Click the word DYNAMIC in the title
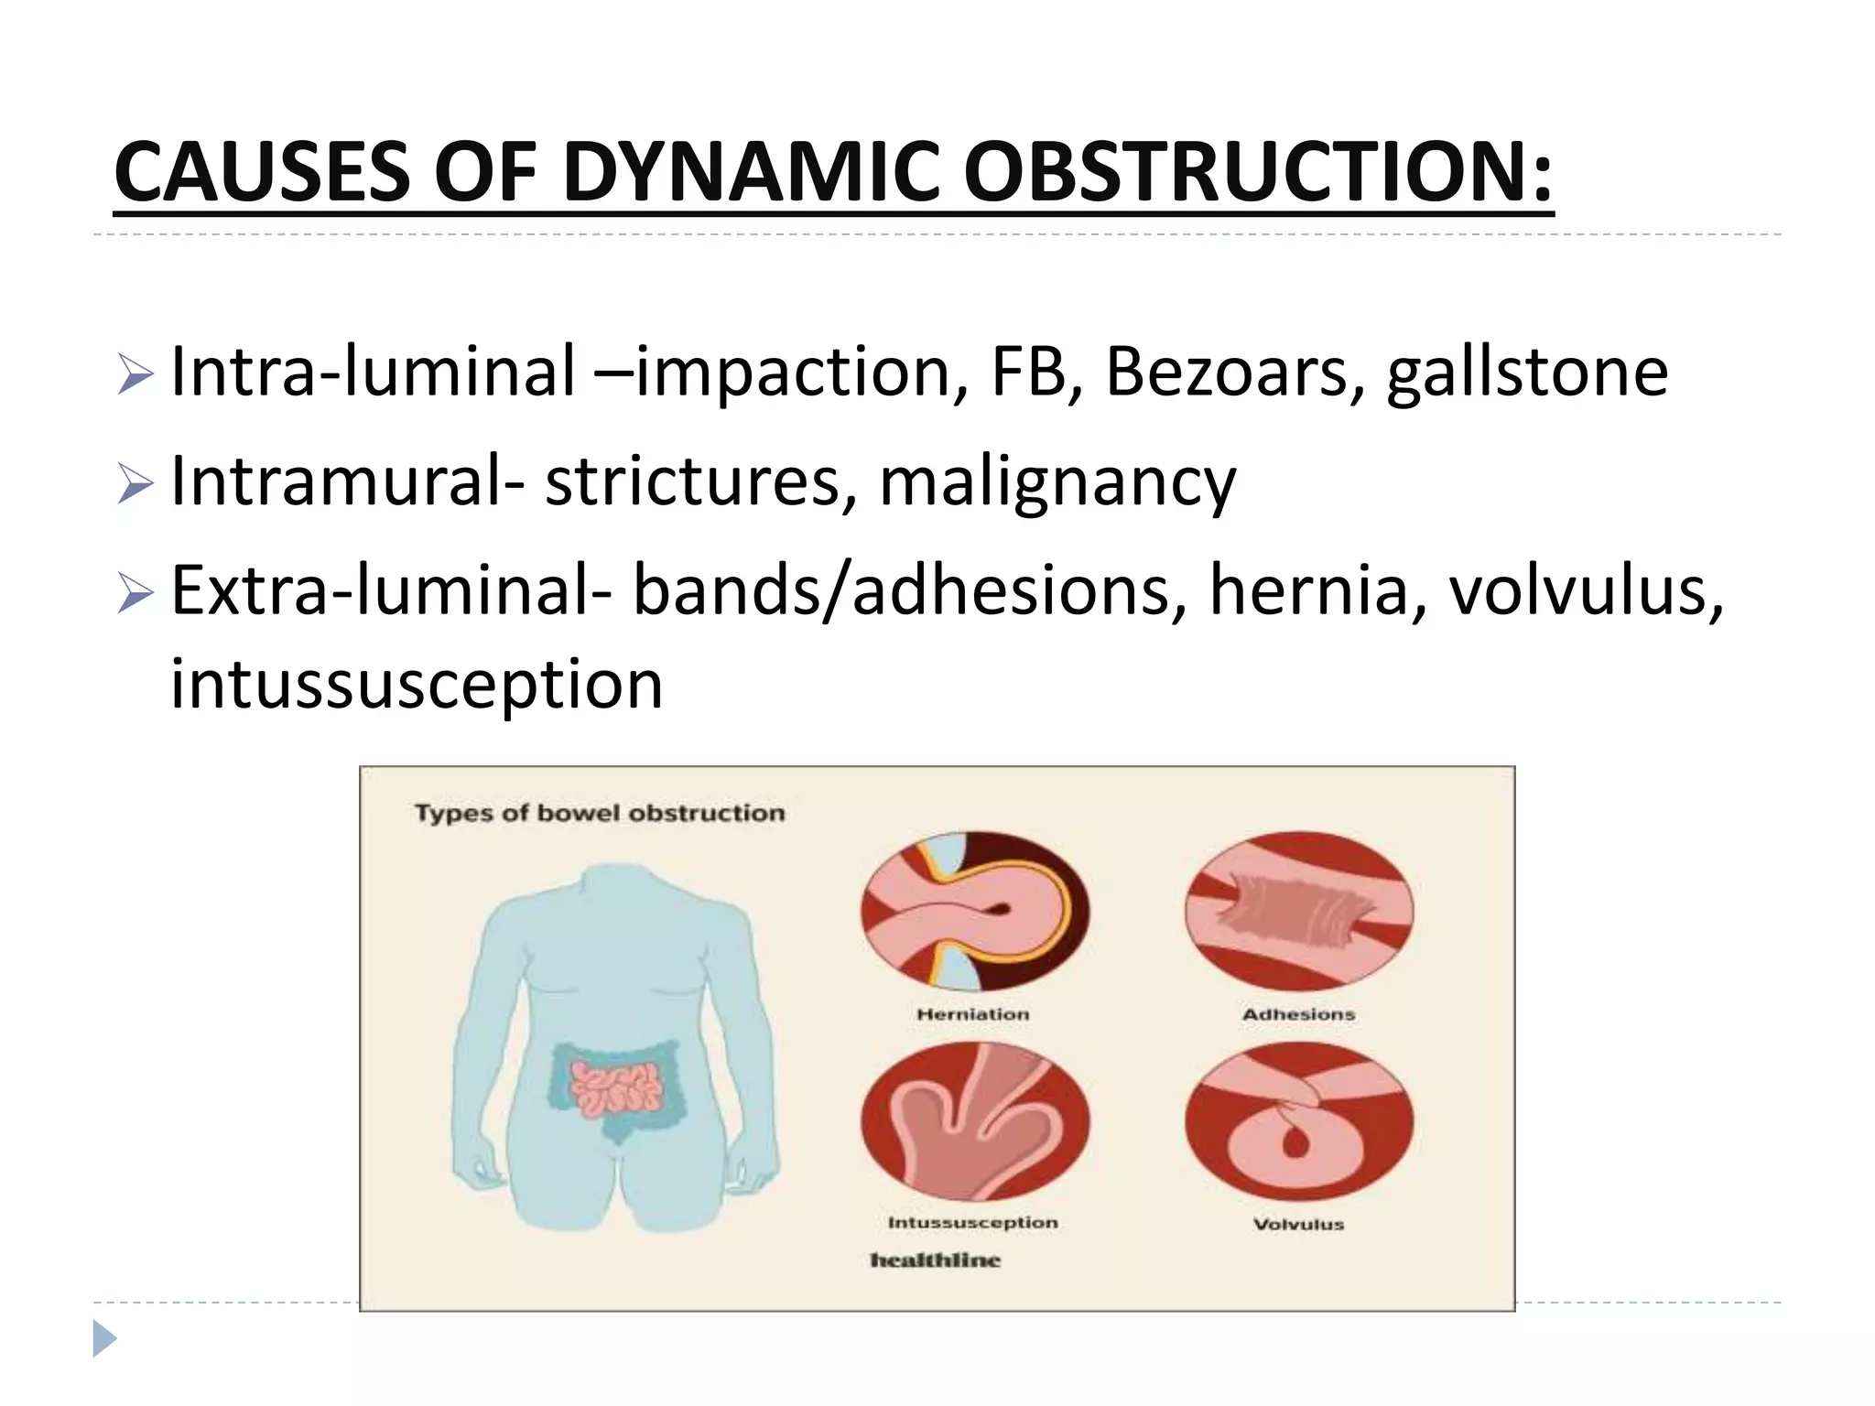pyautogui.click(x=751, y=172)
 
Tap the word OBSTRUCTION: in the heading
pyautogui.click(x=1258, y=172)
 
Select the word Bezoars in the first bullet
pyautogui.click(x=1228, y=372)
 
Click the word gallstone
pyautogui.click(x=1527, y=373)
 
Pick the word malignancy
pyautogui.click(x=1057, y=482)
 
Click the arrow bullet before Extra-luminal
pyautogui.click(x=135, y=595)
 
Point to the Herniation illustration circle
pyautogui.click(x=975, y=912)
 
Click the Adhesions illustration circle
pyautogui.click(x=1298, y=912)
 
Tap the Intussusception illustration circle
pyautogui.click(x=975, y=1122)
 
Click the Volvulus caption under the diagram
pyautogui.click(x=1298, y=1224)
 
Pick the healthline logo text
pyautogui.click(x=935, y=1260)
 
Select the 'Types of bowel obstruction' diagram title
pyautogui.click(x=600, y=813)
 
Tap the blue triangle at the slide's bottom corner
pyautogui.click(x=104, y=1338)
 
